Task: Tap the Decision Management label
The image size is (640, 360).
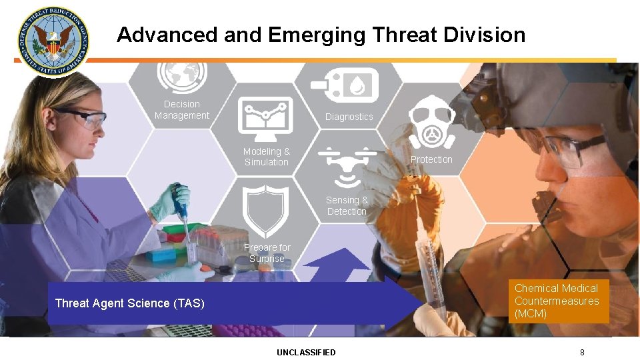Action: click(182, 110)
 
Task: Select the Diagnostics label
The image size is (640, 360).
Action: click(349, 117)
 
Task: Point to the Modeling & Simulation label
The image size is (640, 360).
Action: click(266, 157)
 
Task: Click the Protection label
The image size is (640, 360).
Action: click(431, 159)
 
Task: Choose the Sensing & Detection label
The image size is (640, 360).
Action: click(347, 205)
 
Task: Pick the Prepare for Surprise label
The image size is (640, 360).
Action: click(267, 253)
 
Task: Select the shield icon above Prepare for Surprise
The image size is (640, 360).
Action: click(266, 211)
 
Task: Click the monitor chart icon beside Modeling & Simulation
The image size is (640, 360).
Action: click(266, 117)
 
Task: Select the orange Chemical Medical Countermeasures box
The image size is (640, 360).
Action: click(561, 301)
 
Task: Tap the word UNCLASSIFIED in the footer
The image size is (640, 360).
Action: click(307, 352)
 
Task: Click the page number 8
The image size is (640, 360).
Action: click(582, 352)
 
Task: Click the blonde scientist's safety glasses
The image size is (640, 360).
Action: click(79, 118)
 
